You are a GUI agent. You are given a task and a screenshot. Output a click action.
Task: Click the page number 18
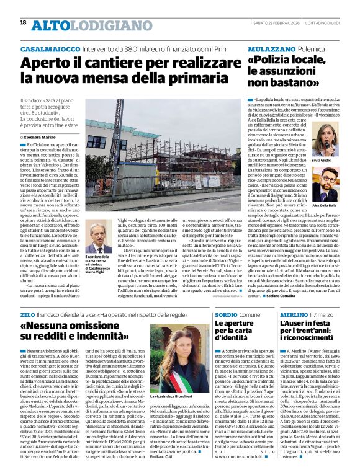(23, 22)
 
